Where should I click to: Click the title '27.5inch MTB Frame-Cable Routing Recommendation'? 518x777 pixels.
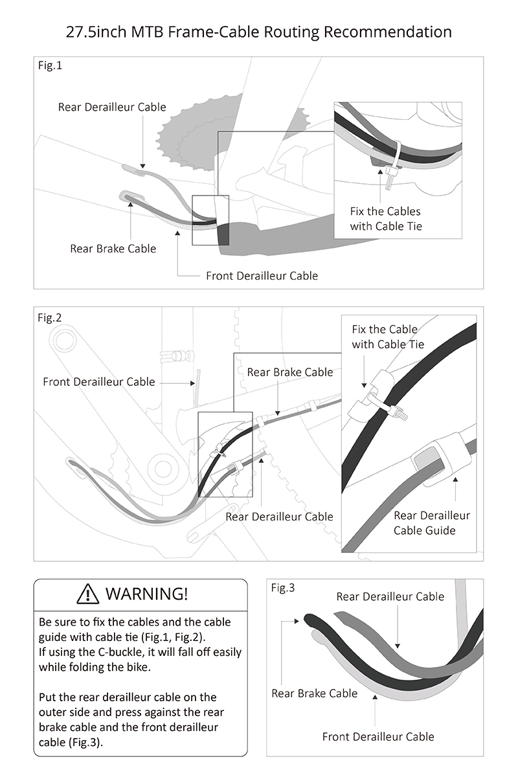pos(259,31)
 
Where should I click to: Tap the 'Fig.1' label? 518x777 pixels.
pos(50,65)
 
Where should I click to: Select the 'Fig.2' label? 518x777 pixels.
pos(50,317)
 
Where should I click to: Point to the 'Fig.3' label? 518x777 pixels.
pos(283,588)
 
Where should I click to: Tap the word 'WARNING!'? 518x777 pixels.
pos(146,593)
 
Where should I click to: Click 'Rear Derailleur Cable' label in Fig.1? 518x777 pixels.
pos(112,107)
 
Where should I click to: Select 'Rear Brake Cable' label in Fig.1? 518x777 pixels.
pos(113,248)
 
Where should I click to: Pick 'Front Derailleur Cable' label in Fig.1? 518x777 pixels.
pos(262,276)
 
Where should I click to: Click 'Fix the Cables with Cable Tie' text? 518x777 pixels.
pos(385,219)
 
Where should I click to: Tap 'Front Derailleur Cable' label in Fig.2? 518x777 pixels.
pos(99,381)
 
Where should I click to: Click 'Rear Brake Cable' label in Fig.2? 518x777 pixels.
pos(290,372)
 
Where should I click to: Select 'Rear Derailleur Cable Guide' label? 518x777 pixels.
pos(432,523)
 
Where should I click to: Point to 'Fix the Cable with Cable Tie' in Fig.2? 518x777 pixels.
pos(388,337)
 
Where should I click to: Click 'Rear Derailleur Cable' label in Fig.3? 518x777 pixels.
pos(390,596)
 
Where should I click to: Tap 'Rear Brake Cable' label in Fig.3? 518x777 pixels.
pos(314,693)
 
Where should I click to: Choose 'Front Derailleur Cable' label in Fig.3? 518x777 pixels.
pos(378,736)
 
